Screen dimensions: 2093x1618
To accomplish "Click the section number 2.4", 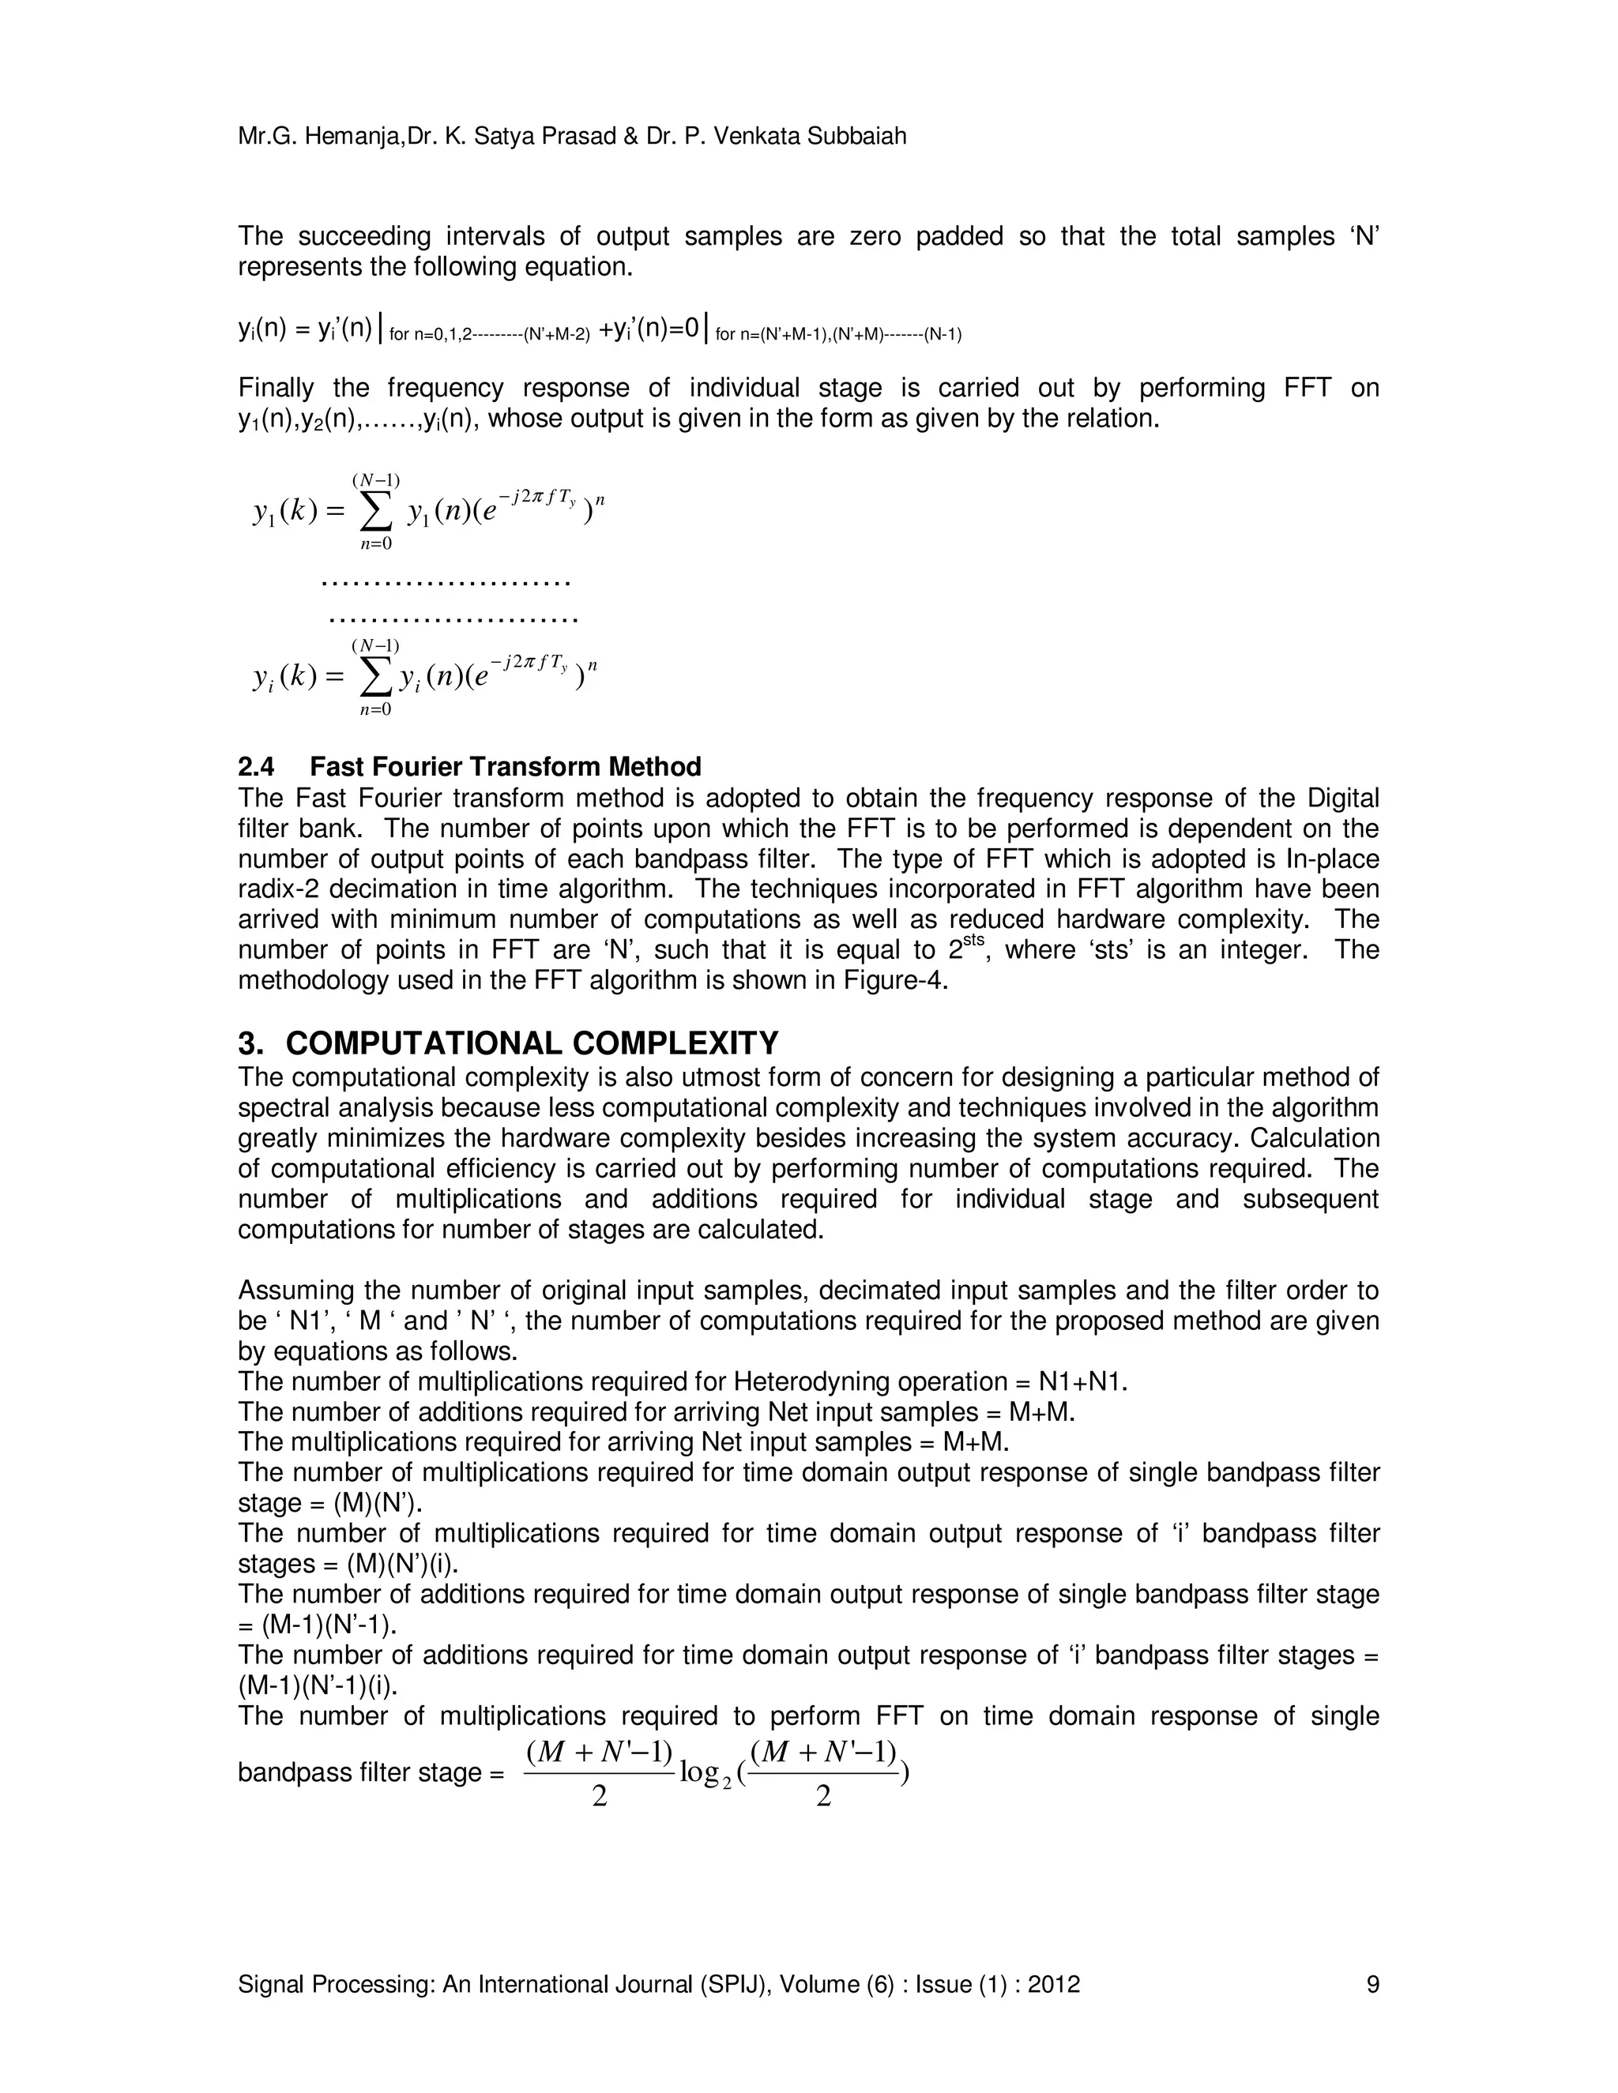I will point(256,767).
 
